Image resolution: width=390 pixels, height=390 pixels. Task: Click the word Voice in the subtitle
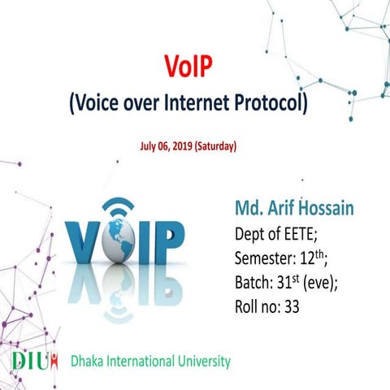click(102, 103)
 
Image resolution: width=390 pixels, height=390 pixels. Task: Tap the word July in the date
click(148, 147)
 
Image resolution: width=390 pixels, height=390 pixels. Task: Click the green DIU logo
click(34, 361)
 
